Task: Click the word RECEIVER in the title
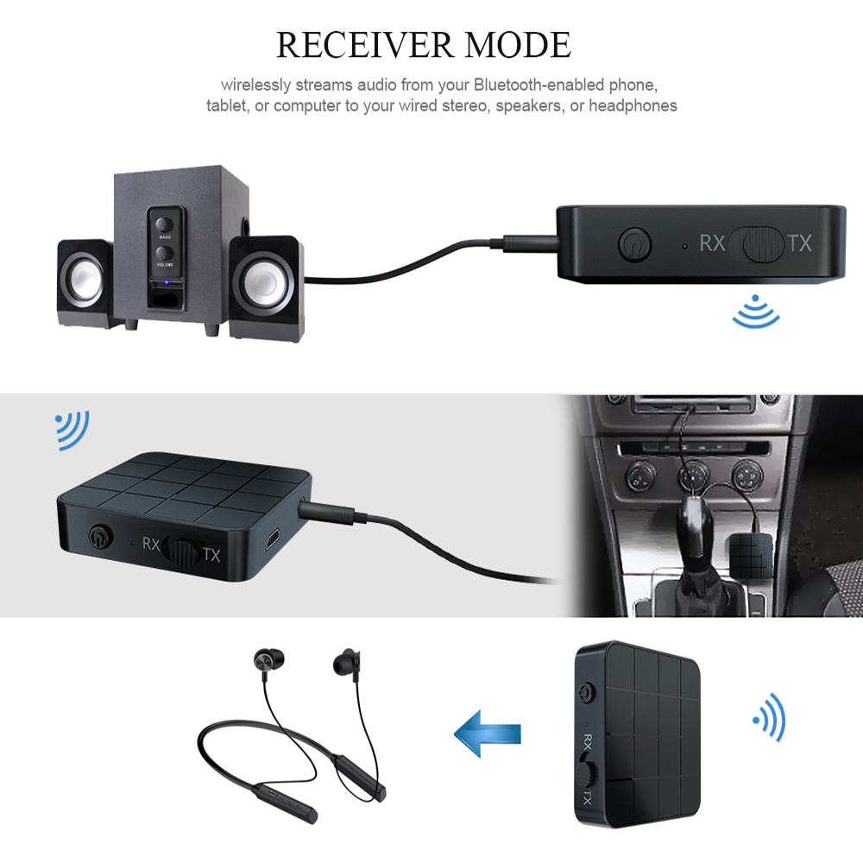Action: tap(365, 45)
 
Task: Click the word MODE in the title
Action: tap(518, 45)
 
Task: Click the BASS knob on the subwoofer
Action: tap(164, 224)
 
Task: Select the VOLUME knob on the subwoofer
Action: tap(164, 253)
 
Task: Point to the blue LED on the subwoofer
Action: tap(166, 283)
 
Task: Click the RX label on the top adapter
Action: tap(712, 243)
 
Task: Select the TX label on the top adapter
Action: tap(799, 243)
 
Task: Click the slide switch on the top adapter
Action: tap(763, 243)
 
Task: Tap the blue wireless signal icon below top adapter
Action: tap(756, 312)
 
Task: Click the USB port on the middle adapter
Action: tap(273, 539)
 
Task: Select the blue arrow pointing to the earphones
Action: tap(487, 733)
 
